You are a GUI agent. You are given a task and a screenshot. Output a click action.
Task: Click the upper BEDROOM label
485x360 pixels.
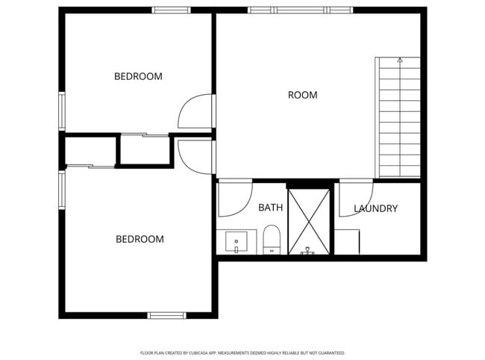pos(138,76)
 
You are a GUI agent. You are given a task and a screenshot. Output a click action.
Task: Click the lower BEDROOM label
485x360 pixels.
pos(140,239)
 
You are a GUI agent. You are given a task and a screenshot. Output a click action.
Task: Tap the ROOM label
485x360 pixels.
pos(302,95)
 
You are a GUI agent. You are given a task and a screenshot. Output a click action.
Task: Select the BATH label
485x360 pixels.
pos(270,208)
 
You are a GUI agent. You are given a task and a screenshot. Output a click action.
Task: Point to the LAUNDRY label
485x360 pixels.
pos(375,208)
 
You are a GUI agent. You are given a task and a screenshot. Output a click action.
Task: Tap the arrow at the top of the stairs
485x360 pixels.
pos(400,60)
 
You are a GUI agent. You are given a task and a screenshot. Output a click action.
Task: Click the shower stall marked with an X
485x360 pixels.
pos(309,222)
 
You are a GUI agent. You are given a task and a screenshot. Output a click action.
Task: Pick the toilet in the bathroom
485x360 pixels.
pos(272,240)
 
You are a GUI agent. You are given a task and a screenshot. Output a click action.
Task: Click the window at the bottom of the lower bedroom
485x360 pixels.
pos(167,314)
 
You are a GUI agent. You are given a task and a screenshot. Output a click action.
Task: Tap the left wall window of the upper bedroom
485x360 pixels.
pos(63,111)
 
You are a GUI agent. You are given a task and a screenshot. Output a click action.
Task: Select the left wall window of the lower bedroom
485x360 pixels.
pos(62,191)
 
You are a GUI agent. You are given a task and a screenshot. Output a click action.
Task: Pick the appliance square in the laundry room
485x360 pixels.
pos(348,241)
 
